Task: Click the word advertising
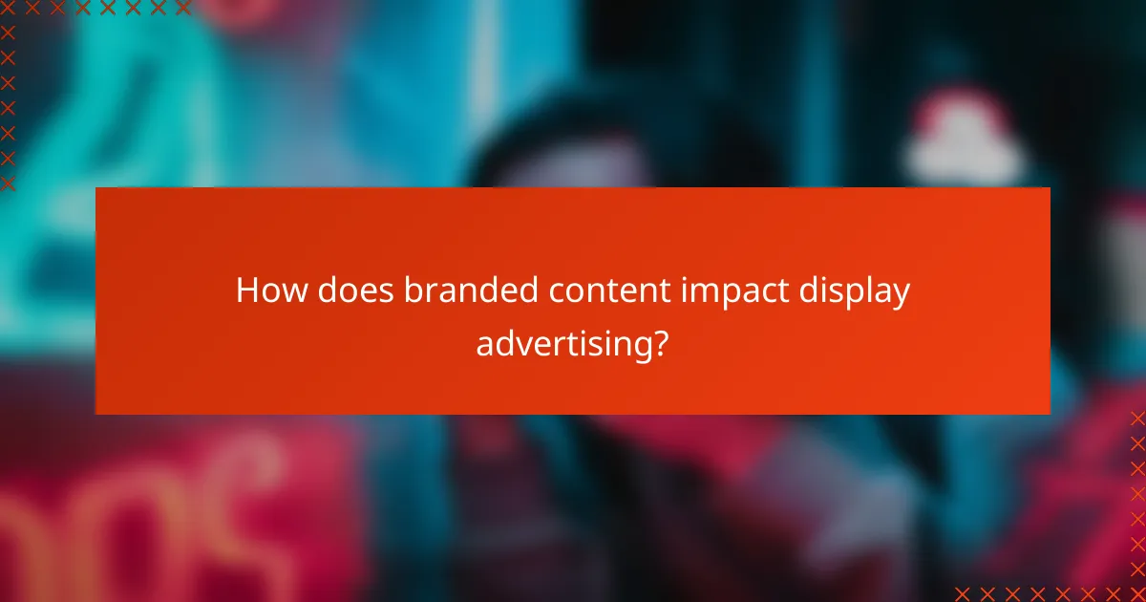561,343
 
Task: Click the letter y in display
901,296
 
